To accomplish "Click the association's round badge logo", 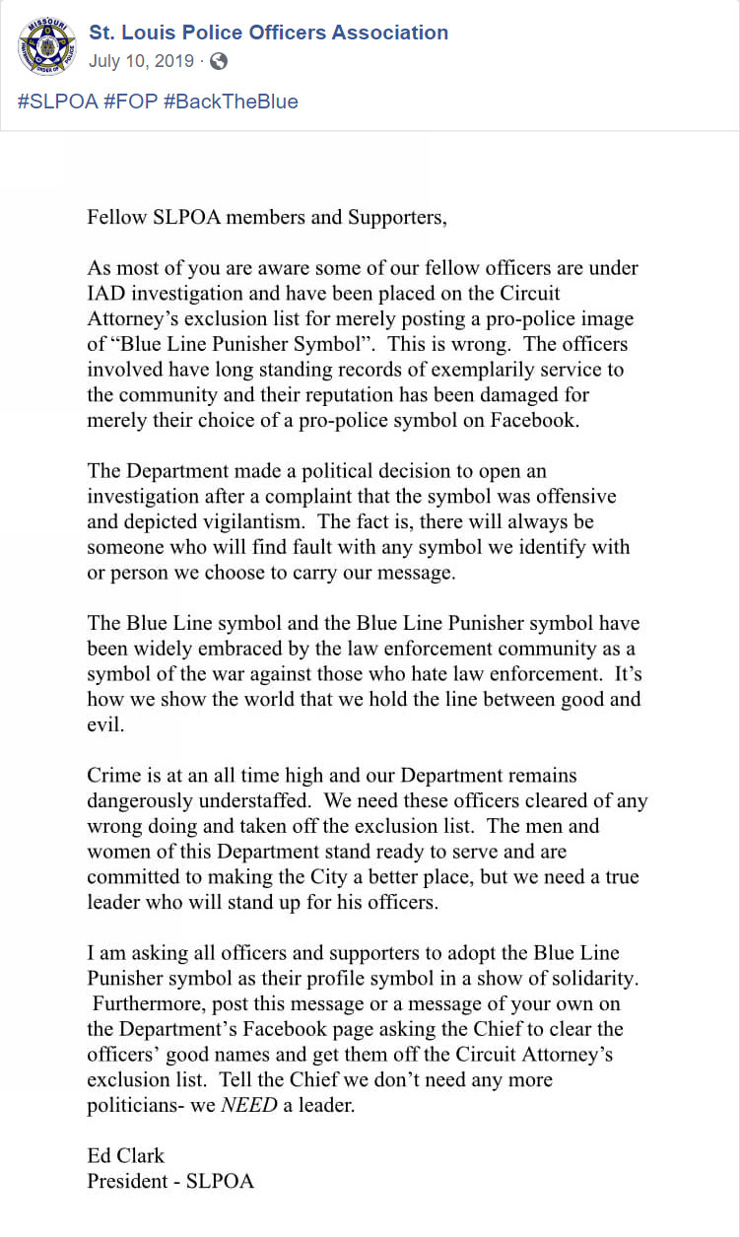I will (x=46, y=46).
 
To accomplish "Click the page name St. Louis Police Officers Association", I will (x=268, y=33).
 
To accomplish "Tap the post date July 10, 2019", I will (x=141, y=61).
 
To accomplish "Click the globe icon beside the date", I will (x=219, y=61).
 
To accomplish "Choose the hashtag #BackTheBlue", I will (x=231, y=102).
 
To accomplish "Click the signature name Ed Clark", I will (x=125, y=1155).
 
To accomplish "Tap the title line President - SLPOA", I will (x=170, y=1181).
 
